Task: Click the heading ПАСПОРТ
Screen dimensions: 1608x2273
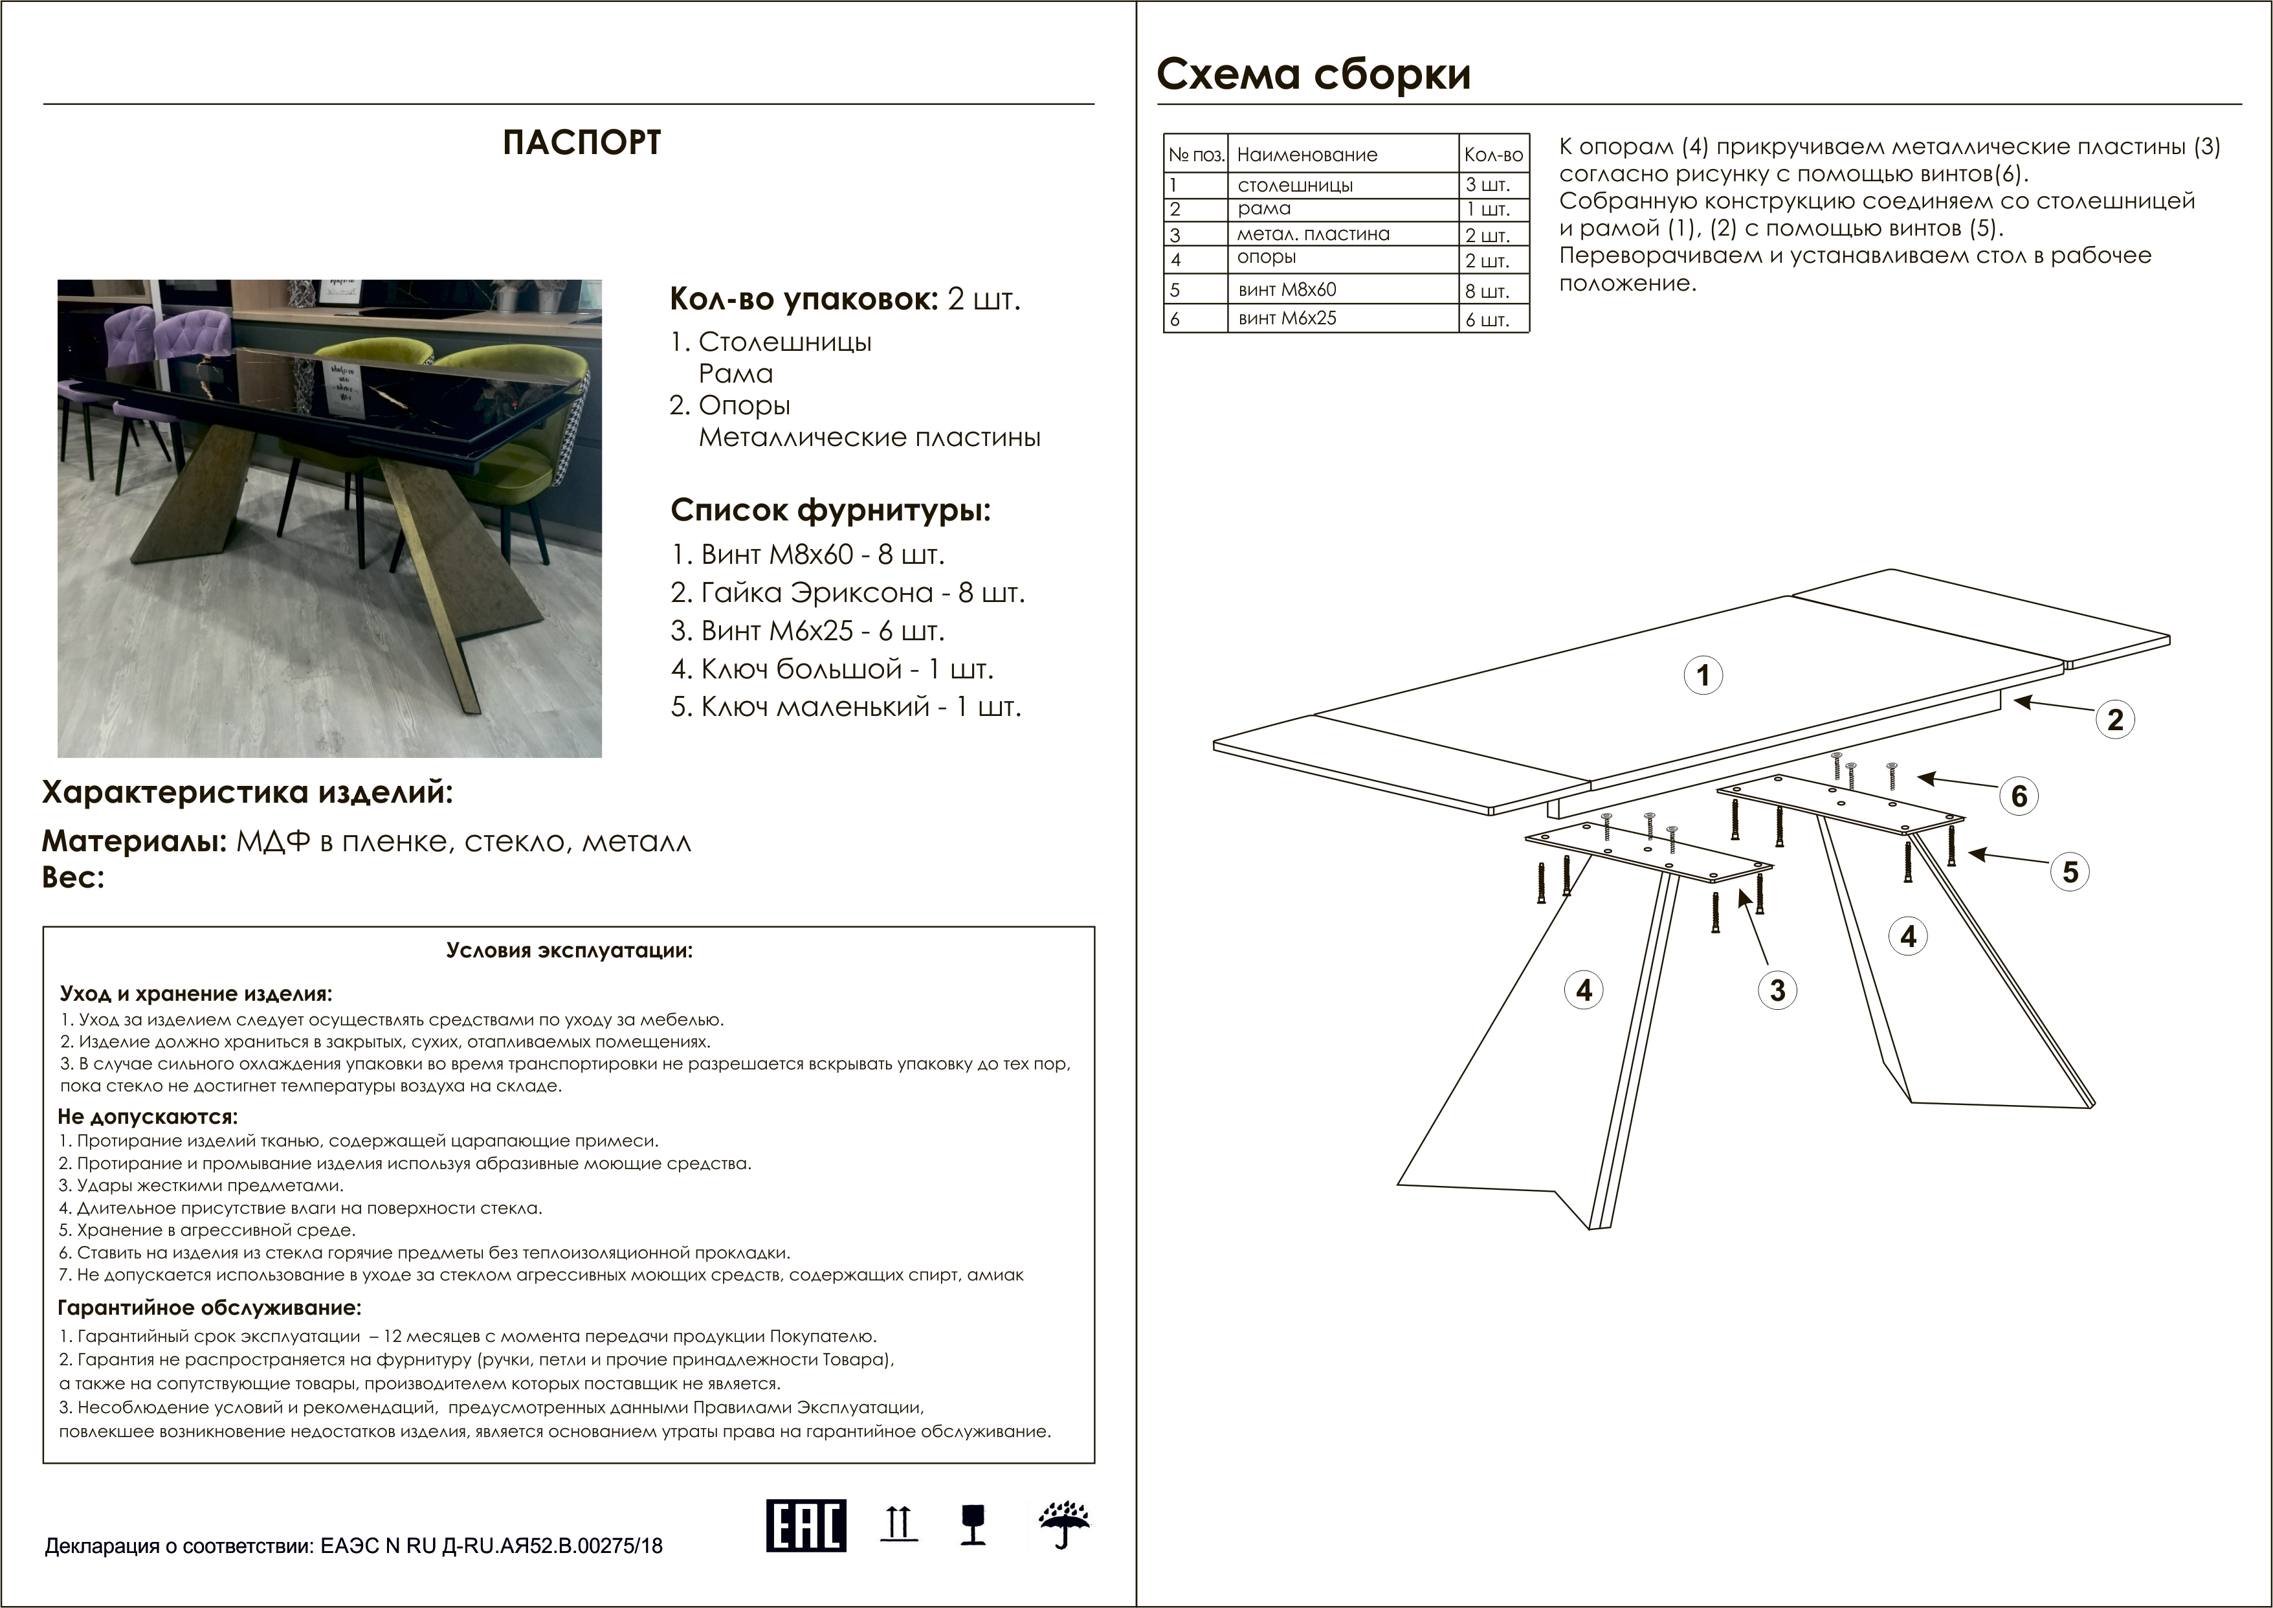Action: coord(581,142)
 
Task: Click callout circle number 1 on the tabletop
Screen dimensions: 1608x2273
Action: coord(1703,675)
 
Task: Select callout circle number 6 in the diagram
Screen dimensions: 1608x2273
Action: coord(2019,796)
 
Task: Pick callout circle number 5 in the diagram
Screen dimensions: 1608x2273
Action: coord(2070,873)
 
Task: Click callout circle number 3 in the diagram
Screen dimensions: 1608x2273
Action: coord(1777,990)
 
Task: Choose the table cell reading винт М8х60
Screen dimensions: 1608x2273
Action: coord(1287,290)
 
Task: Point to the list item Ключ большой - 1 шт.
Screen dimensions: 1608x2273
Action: coord(832,669)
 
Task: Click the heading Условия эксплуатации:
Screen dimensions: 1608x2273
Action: coord(570,950)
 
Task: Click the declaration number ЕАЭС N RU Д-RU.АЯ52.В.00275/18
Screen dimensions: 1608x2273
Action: coord(491,1546)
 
